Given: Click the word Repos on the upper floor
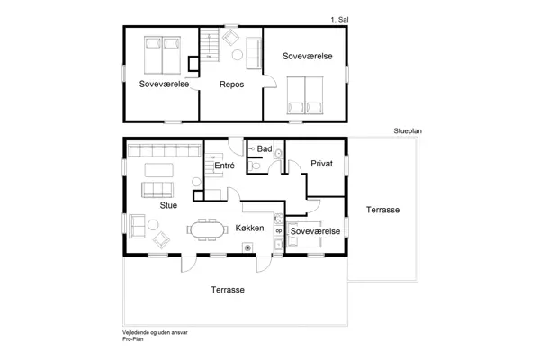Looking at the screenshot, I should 232,84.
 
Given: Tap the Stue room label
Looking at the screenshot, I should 168,205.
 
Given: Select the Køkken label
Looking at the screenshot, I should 249,229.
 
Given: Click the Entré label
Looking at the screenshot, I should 225,166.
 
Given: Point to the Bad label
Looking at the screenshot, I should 265,148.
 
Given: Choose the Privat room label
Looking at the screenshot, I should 321,165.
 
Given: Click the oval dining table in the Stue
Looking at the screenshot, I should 208,229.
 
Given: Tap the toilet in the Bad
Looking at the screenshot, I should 256,166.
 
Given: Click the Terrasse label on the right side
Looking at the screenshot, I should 383,209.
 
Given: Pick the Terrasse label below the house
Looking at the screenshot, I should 228,290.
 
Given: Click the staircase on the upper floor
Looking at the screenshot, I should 209,44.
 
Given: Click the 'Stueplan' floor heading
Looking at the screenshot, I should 408,130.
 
